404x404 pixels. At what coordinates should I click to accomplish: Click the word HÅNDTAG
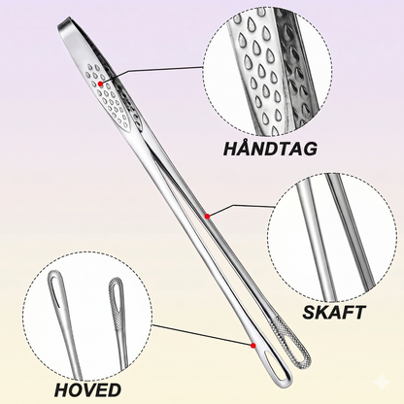point(270,149)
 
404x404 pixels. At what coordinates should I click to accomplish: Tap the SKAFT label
point(334,313)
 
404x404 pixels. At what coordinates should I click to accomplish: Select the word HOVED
point(87,389)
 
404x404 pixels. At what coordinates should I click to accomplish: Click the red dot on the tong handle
point(101,84)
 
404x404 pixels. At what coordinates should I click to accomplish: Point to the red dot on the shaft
point(208,216)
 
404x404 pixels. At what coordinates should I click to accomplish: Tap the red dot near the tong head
point(253,346)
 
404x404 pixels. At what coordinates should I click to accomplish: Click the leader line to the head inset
point(202,334)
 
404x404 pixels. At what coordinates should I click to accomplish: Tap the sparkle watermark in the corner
point(383,383)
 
